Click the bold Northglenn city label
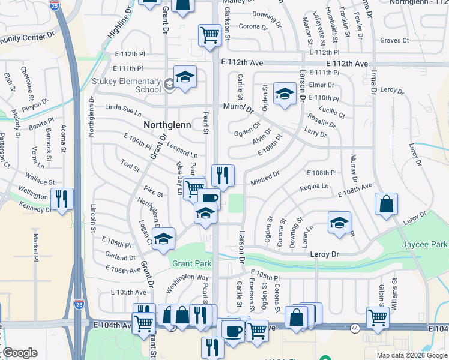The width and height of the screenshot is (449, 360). point(167,125)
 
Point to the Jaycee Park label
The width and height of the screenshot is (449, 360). point(426,245)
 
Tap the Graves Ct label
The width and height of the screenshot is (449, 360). point(394,41)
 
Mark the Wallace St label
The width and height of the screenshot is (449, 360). point(40,178)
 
